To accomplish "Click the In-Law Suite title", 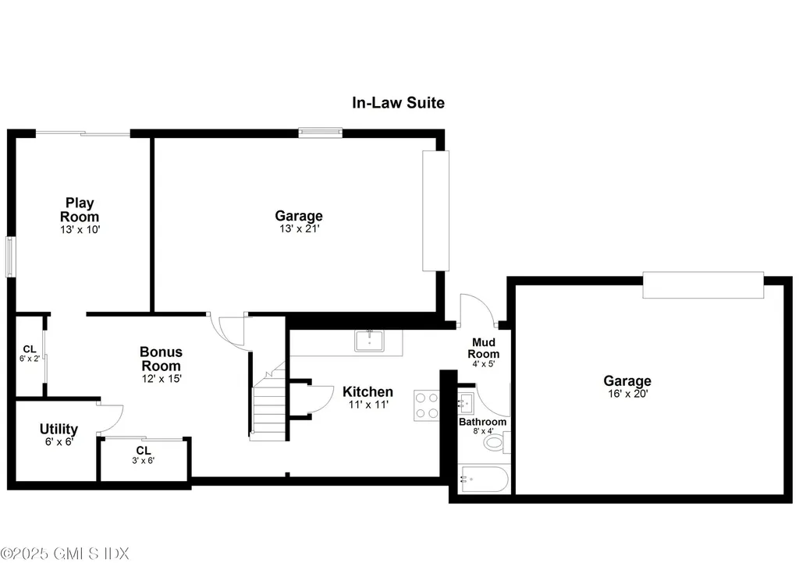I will click(398, 103).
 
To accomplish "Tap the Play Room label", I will click(80, 210).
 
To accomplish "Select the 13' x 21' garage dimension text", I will click(298, 229).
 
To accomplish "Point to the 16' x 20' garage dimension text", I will click(627, 394).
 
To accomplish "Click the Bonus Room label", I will click(161, 359).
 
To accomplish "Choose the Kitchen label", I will click(368, 391).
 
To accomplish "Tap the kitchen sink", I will click(368, 341).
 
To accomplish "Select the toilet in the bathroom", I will click(495, 444).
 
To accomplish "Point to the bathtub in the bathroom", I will click(484, 479).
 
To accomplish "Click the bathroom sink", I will click(466, 402).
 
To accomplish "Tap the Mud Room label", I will click(484, 348).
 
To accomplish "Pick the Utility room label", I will click(59, 429).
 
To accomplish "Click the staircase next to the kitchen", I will click(268, 405).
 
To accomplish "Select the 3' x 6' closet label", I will click(144, 454).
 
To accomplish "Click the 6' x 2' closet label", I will click(30, 353).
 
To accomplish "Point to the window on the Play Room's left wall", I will click(10, 256).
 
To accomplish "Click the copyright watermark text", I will click(65, 553).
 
